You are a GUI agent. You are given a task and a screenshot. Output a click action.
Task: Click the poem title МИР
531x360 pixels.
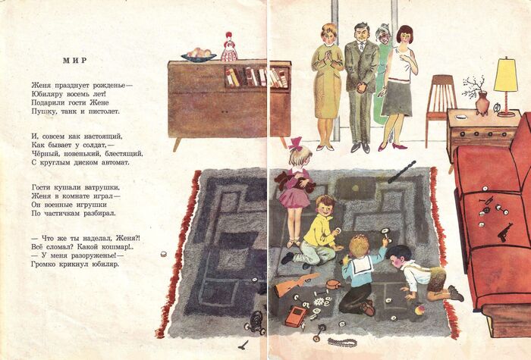point(75,60)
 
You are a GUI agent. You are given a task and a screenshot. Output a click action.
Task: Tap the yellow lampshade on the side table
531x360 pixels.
point(506,75)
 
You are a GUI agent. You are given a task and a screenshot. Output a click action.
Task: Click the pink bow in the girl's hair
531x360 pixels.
point(295,143)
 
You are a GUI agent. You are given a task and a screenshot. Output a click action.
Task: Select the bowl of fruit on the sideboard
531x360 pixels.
point(199,55)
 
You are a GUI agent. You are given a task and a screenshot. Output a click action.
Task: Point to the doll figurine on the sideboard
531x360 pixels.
point(229,47)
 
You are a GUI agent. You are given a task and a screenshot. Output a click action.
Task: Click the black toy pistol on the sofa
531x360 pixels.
point(504,232)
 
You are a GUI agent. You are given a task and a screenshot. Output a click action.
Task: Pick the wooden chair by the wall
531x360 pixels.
point(440,102)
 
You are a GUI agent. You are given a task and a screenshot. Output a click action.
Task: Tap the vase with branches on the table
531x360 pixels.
point(482,103)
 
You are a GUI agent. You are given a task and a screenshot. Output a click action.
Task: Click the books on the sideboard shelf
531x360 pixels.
point(256,77)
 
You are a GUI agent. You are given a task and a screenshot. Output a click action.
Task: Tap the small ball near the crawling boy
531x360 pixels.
point(419,309)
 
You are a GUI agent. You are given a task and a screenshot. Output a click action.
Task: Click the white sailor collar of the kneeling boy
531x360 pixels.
point(361,265)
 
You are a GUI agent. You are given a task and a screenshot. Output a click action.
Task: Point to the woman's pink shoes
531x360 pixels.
point(393,147)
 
